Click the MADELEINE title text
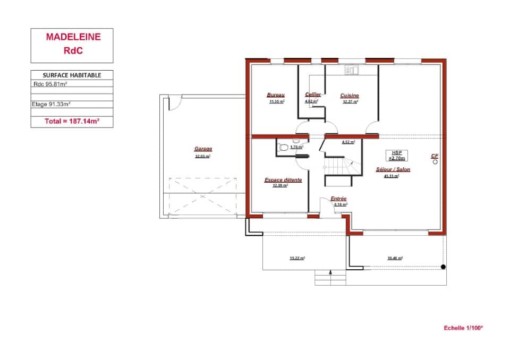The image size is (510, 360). pos(73,37)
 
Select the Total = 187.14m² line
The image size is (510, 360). pos(72,122)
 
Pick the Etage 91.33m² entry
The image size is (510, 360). pos(52,105)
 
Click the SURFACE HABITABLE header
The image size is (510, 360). pos(72,75)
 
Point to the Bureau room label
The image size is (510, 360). pos(276,95)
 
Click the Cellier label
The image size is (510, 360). pos(312,95)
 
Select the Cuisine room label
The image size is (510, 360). pos(350,96)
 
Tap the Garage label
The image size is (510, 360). pos(203,149)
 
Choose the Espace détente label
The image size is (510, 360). pos(283,180)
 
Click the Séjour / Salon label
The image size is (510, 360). pos(393,170)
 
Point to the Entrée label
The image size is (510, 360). pos(338,199)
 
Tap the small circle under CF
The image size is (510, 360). pos(435,162)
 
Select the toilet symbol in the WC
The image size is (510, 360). pos(283,147)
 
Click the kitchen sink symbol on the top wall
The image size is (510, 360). pos(352,70)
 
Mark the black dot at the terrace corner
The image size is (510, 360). pos(443,267)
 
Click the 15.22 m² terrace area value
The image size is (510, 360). pos(297,258)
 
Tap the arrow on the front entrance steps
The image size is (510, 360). pos(331,272)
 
